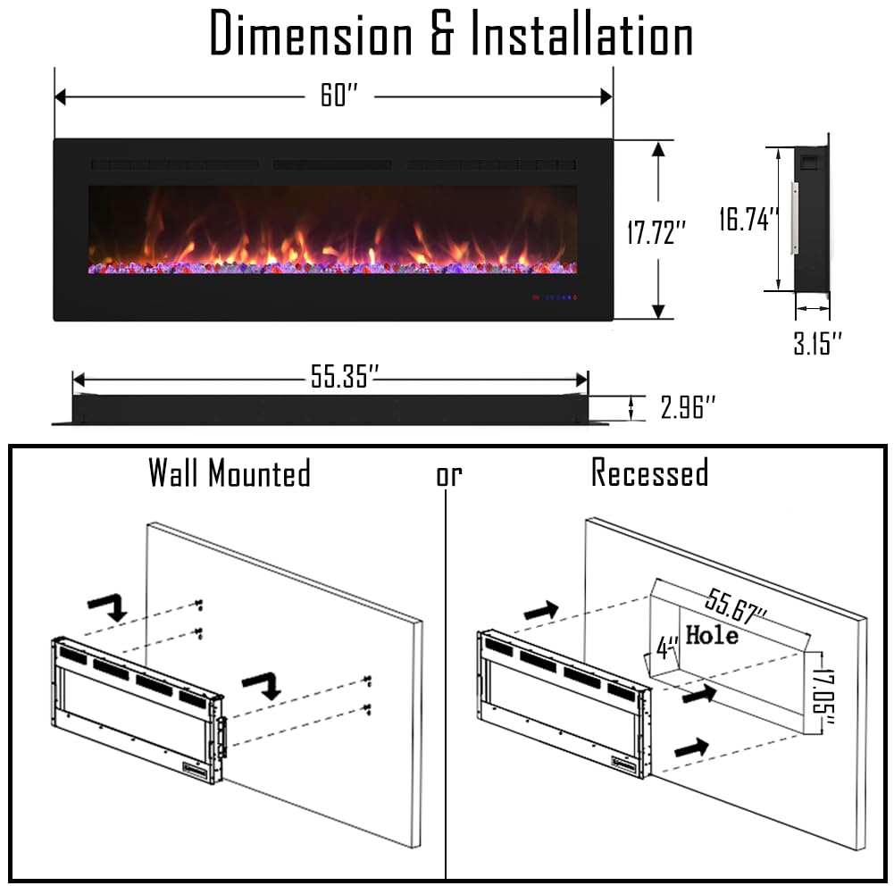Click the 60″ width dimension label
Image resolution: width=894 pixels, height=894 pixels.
(338, 96)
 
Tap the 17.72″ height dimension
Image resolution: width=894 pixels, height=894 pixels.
(656, 233)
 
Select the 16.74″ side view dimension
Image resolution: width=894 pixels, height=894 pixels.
(749, 219)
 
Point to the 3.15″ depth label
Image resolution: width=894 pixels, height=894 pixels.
(817, 342)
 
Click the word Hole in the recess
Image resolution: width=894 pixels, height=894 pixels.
(712, 636)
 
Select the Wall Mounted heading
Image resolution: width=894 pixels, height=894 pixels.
(230, 472)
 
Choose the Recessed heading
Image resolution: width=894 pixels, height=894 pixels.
(649, 472)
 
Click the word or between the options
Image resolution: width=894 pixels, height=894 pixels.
(449, 475)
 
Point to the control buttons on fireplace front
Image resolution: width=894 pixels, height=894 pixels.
(554, 297)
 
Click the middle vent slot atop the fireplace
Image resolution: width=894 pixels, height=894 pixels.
(332, 165)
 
